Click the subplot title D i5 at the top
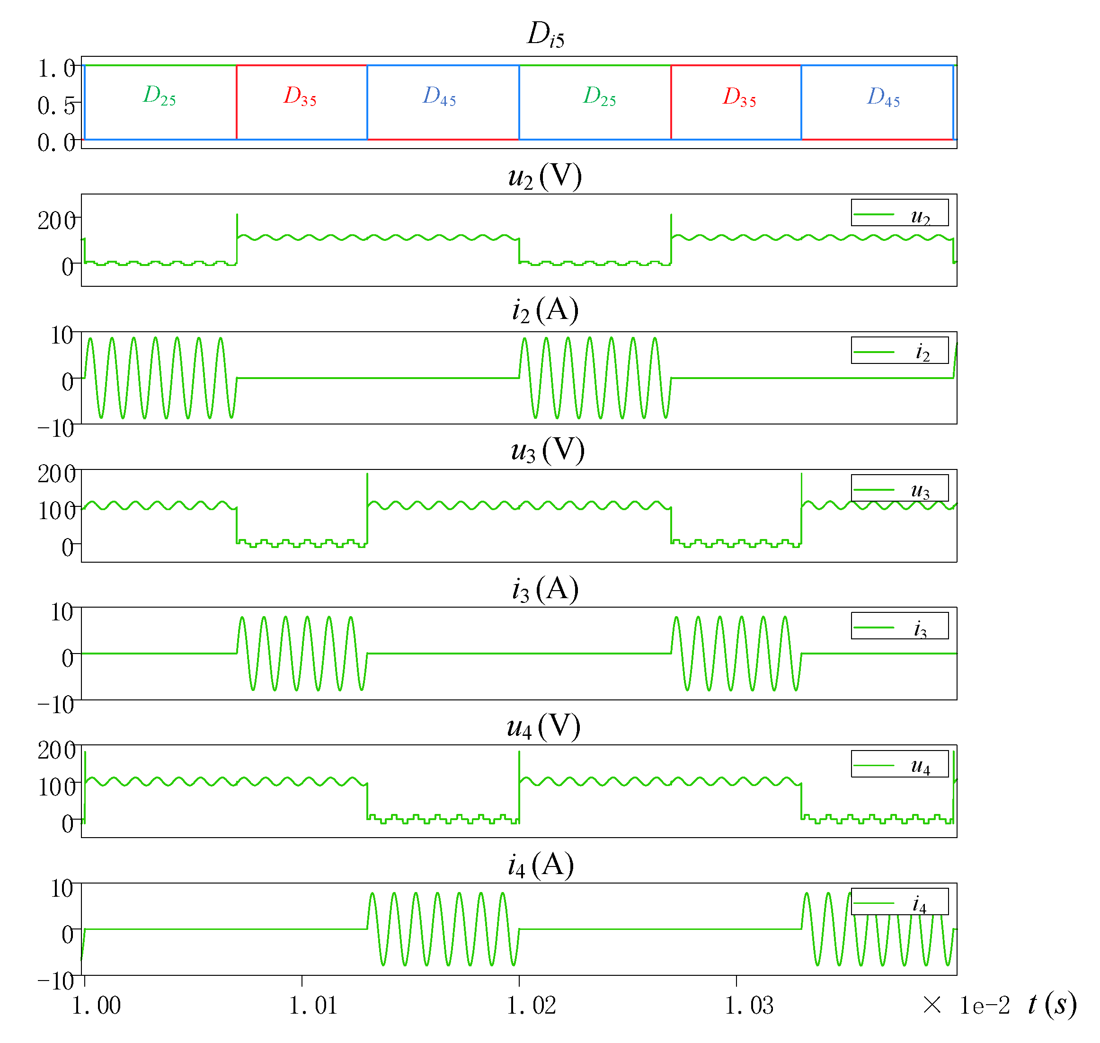545,35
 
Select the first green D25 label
159,96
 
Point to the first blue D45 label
439,97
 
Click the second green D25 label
599,97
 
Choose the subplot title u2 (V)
545,177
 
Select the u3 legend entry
899,489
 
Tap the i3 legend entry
899,627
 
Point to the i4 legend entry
899,903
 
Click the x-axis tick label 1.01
312,1006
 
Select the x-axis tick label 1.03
748,1006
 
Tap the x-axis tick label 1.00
96,1006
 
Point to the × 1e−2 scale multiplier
966,1006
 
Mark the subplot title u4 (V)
543,727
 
